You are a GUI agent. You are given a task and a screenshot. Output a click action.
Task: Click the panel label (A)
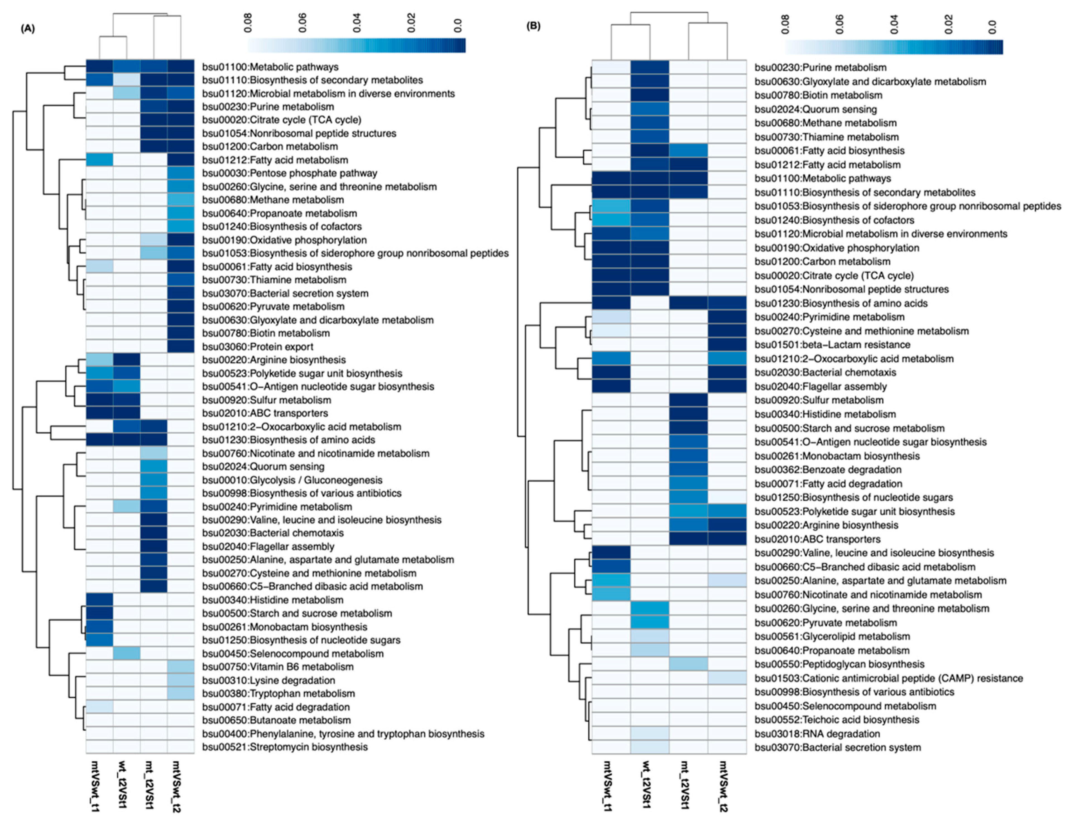28,28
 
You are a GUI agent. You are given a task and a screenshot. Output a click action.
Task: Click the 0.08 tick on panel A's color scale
248,23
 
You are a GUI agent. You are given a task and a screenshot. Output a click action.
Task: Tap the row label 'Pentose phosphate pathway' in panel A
289,173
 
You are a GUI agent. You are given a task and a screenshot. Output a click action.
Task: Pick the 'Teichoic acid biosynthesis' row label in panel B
836,719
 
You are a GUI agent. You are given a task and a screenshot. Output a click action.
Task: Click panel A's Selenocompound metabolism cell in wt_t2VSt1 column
127,653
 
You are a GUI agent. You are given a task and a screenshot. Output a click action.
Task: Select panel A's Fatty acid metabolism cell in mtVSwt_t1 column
100,160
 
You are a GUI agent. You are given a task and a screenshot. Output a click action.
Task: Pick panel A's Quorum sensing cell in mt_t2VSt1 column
154,467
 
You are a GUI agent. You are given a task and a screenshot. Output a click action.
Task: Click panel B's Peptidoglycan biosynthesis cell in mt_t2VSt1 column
688,664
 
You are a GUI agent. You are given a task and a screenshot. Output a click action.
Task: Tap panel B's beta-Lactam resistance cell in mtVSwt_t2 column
727,345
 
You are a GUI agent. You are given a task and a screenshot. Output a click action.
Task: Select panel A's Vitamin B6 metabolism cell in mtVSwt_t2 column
181,667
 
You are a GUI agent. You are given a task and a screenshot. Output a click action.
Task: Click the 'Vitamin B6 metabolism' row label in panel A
278,667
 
